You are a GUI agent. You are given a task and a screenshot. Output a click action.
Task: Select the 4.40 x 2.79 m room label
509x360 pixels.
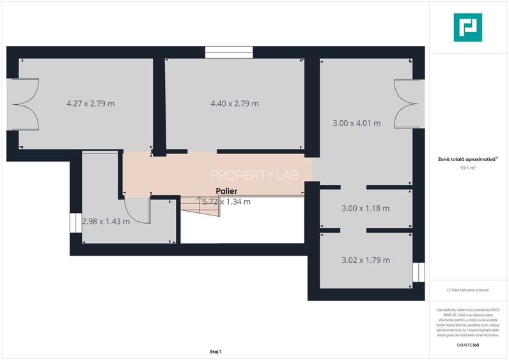[x=235, y=103]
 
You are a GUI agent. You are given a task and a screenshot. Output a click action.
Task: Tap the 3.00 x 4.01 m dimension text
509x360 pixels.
[x=357, y=123]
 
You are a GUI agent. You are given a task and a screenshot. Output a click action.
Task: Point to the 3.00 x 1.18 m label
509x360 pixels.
[x=366, y=208]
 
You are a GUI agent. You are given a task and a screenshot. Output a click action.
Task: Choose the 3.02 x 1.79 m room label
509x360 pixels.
[x=366, y=260]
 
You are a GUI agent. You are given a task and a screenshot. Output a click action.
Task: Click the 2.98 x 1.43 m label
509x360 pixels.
[x=106, y=222]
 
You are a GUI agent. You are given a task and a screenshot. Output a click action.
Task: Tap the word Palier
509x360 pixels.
[x=227, y=191]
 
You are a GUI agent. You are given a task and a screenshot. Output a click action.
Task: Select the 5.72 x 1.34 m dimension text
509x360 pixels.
[x=226, y=201]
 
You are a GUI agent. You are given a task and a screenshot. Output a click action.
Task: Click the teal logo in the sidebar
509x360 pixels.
[x=469, y=27]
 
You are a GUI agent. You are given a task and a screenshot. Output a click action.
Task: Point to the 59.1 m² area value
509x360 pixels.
[x=468, y=168]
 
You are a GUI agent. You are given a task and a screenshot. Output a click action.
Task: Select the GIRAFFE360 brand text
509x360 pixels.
[x=468, y=345]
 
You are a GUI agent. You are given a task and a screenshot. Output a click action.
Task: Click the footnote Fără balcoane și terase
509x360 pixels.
[x=468, y=290]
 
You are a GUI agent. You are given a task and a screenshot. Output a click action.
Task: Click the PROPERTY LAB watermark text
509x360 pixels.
[x=254, y=175]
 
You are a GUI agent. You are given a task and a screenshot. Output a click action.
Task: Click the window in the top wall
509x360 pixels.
[x=229, y=53]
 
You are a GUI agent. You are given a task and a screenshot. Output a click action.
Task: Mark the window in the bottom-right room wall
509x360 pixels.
[x=418, y=272]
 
